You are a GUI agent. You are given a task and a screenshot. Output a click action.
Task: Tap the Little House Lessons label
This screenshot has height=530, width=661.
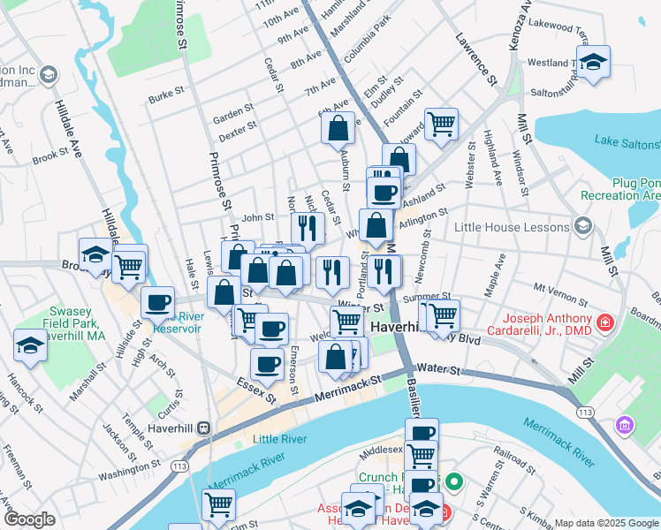522,227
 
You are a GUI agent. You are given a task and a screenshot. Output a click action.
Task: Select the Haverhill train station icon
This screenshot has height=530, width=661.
204,428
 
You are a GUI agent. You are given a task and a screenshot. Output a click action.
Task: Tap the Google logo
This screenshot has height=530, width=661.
29,519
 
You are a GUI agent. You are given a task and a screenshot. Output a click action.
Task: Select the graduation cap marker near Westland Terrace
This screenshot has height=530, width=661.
594,63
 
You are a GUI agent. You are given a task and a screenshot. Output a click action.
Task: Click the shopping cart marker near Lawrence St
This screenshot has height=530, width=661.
440,124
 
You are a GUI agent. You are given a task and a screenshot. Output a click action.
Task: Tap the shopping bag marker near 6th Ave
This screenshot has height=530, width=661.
338,128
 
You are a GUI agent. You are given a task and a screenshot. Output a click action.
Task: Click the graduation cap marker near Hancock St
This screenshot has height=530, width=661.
30,345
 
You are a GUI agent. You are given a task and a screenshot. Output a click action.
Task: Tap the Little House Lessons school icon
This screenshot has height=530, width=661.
581,227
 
